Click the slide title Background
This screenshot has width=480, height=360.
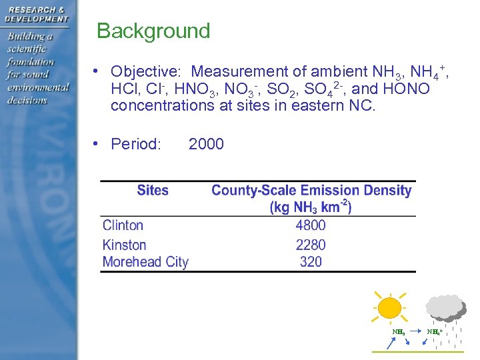coord(153,31)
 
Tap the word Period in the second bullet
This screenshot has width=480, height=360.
coord(136,144)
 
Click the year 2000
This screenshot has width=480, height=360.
coord(206,144)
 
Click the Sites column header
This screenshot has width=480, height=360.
coord(153,191)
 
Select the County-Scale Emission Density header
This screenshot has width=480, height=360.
coord(311,191)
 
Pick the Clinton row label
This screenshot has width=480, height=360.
coord(123,226)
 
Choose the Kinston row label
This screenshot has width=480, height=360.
coord(124,245)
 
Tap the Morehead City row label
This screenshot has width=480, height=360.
coord(145,262)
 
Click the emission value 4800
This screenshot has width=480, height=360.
coord(311,226)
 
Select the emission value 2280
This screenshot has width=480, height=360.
coord(311,245)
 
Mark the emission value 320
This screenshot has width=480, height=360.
coord(311,262)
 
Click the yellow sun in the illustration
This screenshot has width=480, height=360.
coord(389,308)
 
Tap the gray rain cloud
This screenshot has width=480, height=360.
coord(445,307)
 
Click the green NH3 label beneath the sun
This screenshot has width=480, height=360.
coord(398,331)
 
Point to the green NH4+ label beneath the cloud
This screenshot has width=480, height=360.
coord(435,331)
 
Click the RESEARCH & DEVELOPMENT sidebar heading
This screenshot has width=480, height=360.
coord(37,14)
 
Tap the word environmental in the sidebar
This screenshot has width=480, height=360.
coord(38,87)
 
